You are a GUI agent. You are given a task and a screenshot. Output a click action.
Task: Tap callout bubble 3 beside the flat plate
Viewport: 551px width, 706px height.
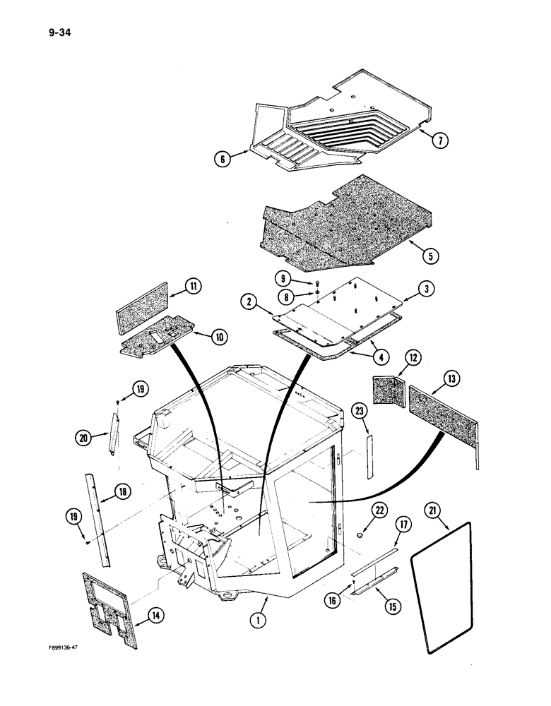point(426,289)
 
